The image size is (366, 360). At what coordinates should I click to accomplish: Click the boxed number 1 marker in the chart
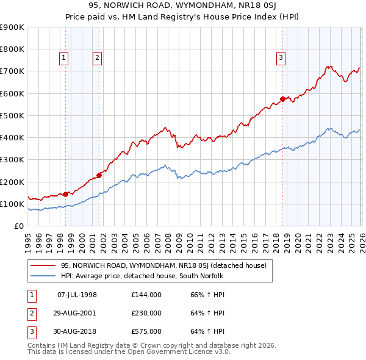pos(64,58)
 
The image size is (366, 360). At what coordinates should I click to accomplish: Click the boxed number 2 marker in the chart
pos(97,58)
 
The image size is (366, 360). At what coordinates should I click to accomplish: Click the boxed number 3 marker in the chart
pos(281,58)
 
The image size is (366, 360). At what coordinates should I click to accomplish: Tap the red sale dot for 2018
pos(282,99)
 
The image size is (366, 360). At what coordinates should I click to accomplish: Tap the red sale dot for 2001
pos(99,175)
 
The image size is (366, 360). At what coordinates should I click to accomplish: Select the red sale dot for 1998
pos(66,194)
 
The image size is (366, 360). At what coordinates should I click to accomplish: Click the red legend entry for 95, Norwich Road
pos(163,265)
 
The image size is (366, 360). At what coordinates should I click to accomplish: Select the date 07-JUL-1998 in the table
pos(77,295)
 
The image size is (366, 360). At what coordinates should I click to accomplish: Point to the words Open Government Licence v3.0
pos(180,351)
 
